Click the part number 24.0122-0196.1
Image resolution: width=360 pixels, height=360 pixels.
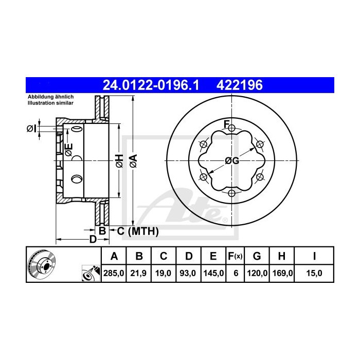[151, 85]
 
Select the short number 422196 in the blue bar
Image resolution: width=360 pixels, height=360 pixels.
[240, 85]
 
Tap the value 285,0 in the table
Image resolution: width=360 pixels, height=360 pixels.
[114, 273]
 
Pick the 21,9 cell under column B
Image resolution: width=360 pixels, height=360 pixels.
[138, 273]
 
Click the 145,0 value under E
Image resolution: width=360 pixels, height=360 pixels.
[213, 273]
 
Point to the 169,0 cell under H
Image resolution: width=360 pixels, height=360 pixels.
[282, 273]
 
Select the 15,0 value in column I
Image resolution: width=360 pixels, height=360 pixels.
[314, 273]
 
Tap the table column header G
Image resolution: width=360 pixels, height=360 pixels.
[257, 256]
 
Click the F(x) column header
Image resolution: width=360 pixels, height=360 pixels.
[235, 256]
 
